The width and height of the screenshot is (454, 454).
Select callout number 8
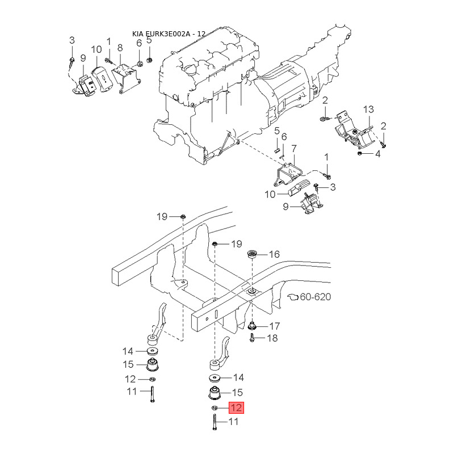pos(120,48)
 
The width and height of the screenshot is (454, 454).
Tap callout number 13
pos(368,109)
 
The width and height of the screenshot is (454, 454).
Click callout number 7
pos(294,149)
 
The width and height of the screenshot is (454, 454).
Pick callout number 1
pos(326,157)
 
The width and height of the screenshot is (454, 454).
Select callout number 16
pos(274,255)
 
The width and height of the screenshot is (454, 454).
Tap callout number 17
pos(274,326)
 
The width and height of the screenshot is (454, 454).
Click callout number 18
pos(272,338)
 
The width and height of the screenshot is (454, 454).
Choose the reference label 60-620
pos(315,297)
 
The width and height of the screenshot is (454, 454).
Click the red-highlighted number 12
pos(236,407)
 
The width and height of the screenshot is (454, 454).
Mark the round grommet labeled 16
pos(253,253)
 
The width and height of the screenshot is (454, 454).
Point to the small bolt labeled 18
pos(251,339)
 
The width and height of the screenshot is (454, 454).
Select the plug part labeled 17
pos(252,326)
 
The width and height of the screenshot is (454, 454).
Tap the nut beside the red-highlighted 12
pos(215,408)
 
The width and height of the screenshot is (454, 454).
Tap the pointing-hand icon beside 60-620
pos(293,297)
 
